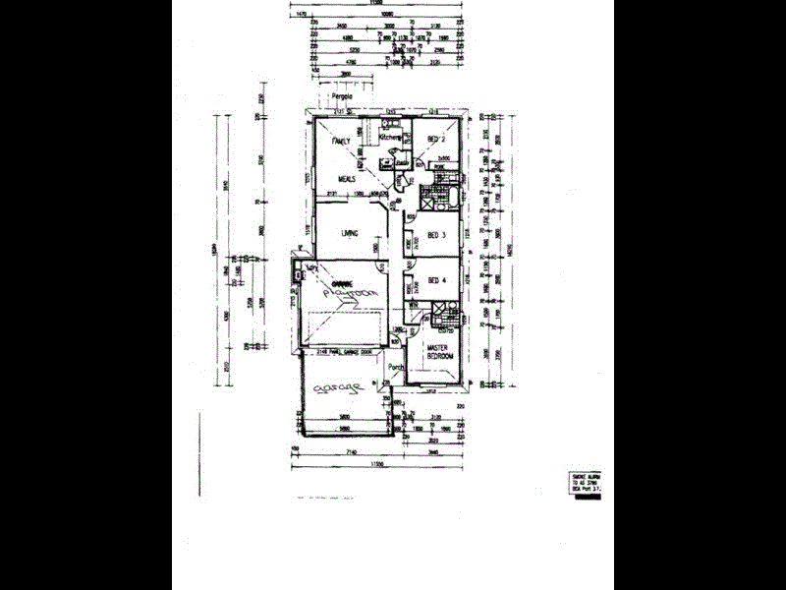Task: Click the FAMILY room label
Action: (341, 143)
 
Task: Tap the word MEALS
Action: (347, 180)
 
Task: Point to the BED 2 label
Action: (436, 142)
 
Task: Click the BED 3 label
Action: (436, 236)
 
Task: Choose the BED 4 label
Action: (436, 282)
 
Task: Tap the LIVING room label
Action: (348, 233)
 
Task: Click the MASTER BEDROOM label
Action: (438, 352)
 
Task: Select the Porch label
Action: (396, 369)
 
